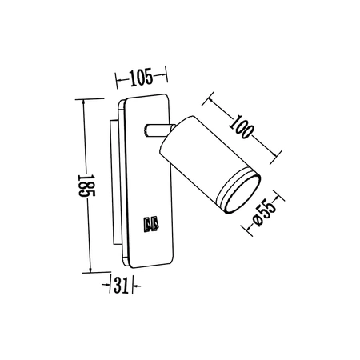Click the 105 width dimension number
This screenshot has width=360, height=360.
[141, 78]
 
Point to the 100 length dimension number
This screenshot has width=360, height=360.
[245, 127]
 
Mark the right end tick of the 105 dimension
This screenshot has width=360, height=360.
[167, 78]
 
